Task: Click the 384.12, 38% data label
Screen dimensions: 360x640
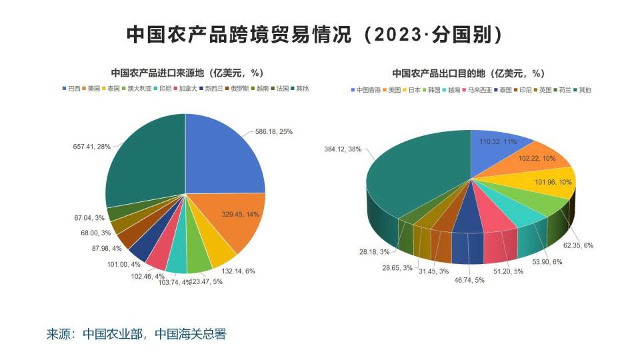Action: click(x=343, y=149)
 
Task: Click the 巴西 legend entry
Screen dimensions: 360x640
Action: click(x=71, y=88)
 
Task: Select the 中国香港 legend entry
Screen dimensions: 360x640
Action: click(x=365, y=89)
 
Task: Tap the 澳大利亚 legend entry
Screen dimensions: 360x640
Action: click(x=139, y=88)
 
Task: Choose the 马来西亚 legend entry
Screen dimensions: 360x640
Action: click(x=481, y=89)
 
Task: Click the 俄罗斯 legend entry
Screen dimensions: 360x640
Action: click(x=237, y=88)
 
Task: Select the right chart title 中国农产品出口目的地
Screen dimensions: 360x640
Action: click(x=468, y=73)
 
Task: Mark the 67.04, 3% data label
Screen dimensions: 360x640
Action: click(x=89, y=217)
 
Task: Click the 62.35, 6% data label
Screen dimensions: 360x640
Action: click(x=579, y=245)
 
